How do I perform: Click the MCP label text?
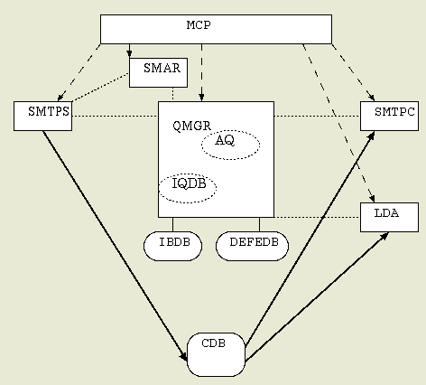199,25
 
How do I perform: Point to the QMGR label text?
192,126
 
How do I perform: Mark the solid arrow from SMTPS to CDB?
115,246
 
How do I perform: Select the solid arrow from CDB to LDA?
317,296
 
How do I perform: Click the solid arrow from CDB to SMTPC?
310,238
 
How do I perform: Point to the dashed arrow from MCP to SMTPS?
79,72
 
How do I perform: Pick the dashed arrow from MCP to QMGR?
201,72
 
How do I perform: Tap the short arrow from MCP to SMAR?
129,51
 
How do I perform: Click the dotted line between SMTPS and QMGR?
116,116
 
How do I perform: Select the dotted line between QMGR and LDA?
317,217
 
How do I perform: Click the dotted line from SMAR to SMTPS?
100,87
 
